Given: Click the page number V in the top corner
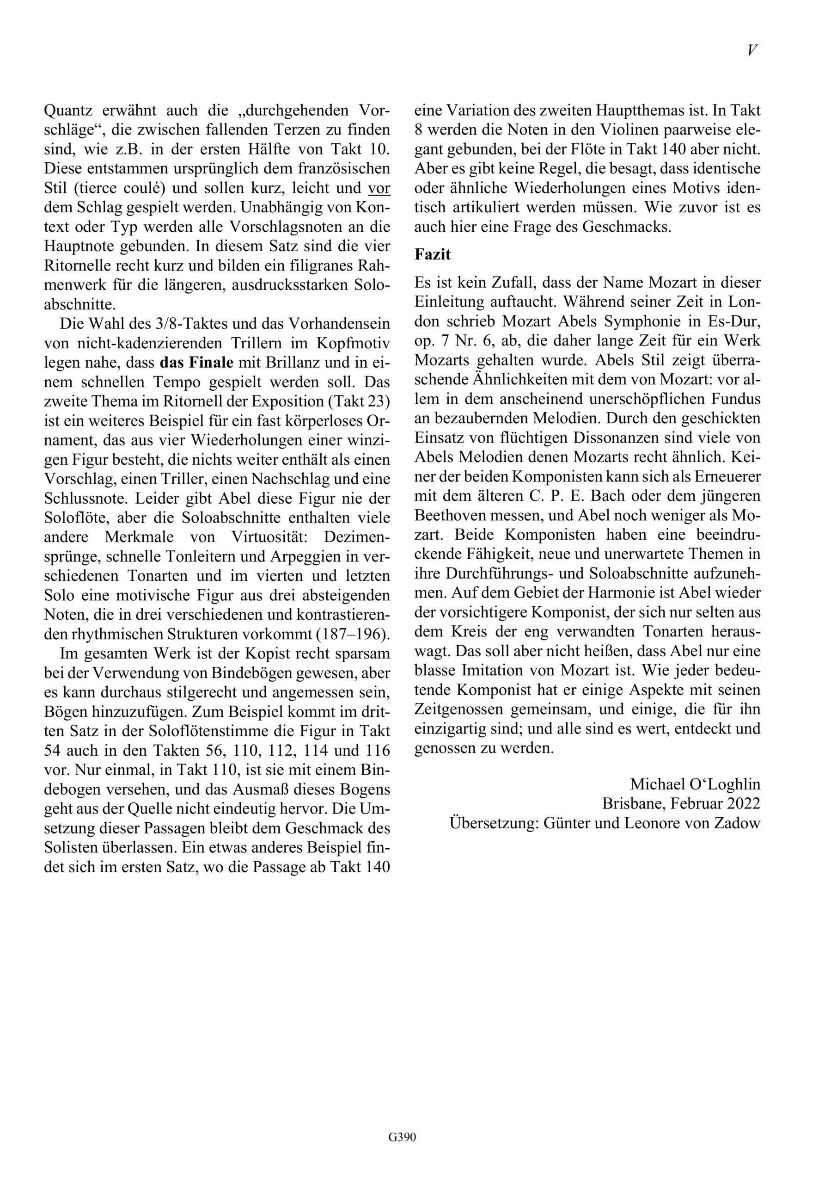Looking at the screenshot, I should point(752,50).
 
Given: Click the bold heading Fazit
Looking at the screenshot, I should point(433,254).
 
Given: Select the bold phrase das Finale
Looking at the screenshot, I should point(196,363).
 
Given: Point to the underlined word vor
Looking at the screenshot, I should point(379,188).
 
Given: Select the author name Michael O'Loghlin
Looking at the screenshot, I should point(695,784).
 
